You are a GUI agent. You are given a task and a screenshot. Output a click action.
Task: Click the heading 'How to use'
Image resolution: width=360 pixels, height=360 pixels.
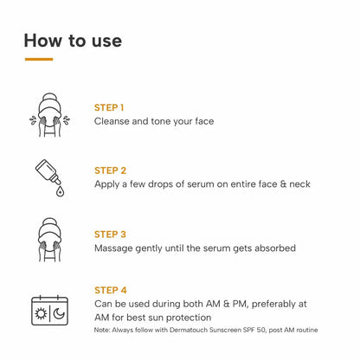click(73, 40)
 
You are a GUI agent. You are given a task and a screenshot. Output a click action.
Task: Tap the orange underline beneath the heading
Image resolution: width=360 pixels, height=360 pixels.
click(39, 60)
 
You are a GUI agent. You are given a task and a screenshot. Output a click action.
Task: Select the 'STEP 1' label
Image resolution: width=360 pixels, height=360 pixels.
click(109, 107)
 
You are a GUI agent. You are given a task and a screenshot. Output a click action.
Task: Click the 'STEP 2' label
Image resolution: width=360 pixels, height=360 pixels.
click(110, 170)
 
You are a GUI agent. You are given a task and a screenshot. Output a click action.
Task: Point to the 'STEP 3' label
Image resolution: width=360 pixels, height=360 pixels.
click(110, 234)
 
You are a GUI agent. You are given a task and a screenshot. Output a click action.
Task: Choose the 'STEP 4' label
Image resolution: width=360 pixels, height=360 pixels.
click(110, 290)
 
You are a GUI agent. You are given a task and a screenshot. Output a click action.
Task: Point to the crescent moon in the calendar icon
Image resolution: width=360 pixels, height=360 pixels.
click(56, 313)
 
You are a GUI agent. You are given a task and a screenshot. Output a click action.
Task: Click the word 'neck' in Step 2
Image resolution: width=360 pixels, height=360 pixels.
click(297, 184)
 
